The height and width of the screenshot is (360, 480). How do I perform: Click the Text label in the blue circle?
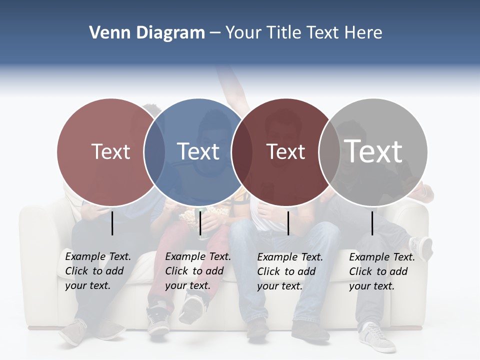pos(198,151)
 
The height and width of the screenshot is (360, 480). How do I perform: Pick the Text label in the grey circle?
pos(373,151)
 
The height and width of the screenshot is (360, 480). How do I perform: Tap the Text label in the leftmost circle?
pos(111,151)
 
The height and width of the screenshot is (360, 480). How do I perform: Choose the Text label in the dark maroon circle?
pos(285,151)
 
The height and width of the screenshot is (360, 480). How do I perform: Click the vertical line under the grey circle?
pos(372,223)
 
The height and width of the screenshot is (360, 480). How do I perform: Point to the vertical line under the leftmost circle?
pos(112,223)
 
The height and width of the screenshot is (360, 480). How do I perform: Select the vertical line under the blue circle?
pos(200,223)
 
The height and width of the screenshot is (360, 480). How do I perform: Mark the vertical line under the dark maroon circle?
pos(288,223)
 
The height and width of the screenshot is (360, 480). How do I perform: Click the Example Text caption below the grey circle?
pos(382,271)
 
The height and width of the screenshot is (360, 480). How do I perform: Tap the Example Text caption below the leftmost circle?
pos(98,271)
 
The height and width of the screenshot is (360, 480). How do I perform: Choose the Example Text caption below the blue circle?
pos(198,271)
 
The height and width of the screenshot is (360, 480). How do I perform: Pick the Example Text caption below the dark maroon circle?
pos(290,271)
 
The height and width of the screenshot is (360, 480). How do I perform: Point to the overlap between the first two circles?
pos(154,152)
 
